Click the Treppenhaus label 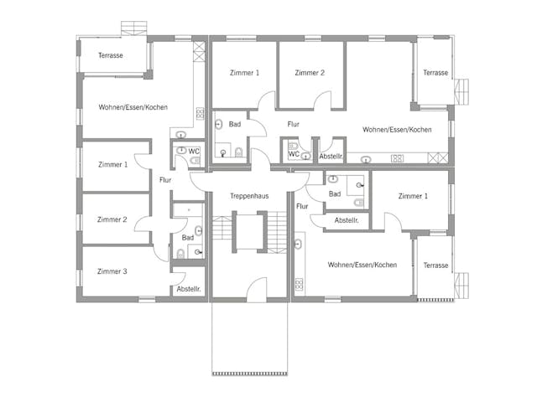(249, 195)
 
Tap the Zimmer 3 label (112, 271)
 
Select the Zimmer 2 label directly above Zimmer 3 (112, 219)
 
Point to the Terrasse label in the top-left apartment (111, 55)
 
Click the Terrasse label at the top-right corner (435, 73)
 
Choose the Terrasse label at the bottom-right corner (435, 265)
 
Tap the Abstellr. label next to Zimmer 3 (189, 289)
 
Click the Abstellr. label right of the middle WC (331, 157)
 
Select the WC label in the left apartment (194, 152)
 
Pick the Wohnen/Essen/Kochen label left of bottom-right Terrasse (362, 265)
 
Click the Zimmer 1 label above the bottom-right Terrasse (413, 195)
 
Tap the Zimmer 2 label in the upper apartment (310, 73)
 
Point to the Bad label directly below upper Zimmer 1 (235, 124)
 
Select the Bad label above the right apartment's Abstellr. (335, 193)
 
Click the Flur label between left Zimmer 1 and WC (165, 179)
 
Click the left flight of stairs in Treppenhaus (222, 228)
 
